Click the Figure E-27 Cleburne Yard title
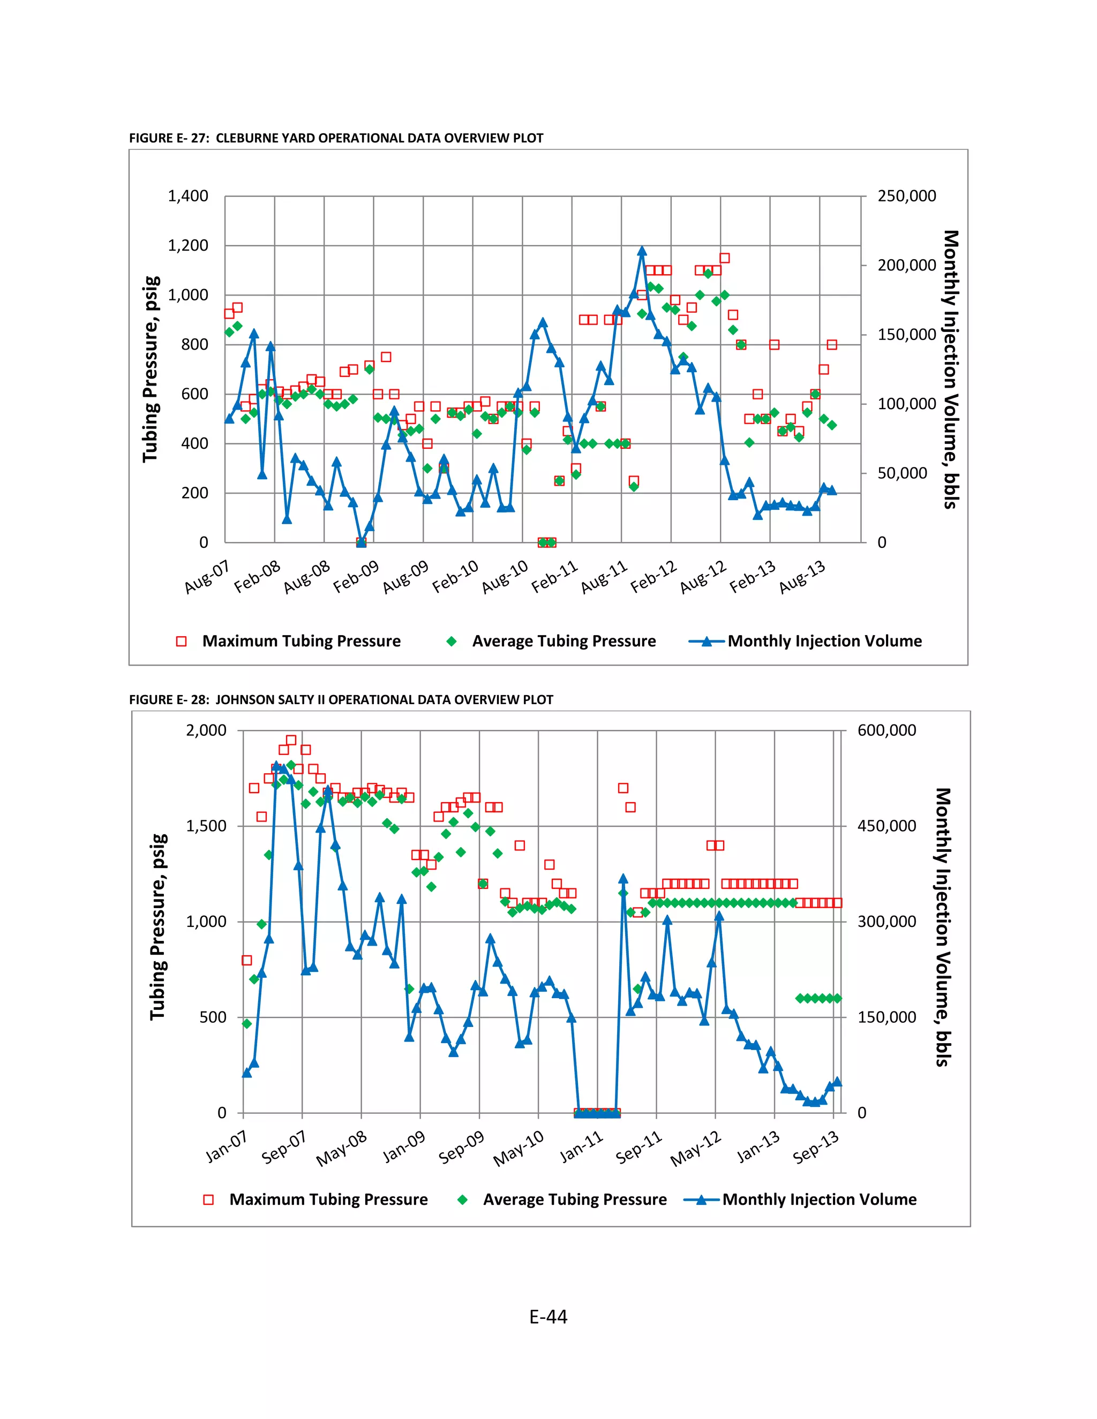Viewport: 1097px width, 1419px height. (x=336, y=138)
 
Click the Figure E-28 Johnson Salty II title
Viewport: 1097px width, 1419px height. (x=341, y=700)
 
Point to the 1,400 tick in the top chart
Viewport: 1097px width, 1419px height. (x=188, y=196)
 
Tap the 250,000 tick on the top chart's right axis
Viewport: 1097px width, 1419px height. (x=907, y=196)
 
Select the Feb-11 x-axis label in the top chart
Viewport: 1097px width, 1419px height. (x=555, y=576)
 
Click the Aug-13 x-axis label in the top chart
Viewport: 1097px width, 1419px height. (x=802, y=576)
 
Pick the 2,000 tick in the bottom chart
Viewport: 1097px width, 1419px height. (x=206, y=730)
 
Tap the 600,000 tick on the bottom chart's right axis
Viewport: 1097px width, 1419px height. (x=886, y=730)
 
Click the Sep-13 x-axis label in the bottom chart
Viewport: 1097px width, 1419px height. (x=816, y=1148)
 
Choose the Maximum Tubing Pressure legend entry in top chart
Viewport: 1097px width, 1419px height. (x=301, y=641)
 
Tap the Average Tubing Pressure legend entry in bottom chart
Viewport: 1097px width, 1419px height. (x=575, y=1199)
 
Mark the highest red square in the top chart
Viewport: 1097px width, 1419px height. (x=725, y=258)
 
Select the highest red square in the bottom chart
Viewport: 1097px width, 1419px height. (x=291, y=740)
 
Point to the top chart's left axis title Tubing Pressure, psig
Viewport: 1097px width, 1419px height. (x=151, y=369)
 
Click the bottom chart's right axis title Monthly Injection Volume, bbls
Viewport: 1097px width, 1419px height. (x=942, y=927)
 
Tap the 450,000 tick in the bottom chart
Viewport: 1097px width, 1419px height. (x=886, y=826)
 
